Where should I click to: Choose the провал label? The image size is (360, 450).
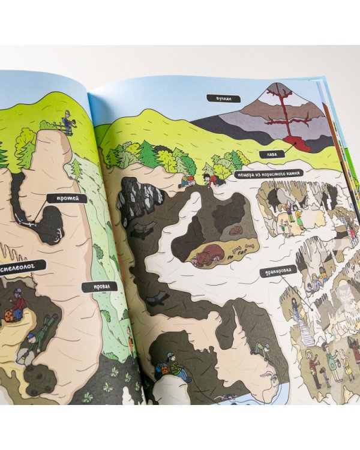tap(95, 286)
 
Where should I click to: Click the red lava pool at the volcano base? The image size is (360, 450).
tap(296, 143)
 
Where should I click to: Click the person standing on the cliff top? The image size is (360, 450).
tap(67, 123)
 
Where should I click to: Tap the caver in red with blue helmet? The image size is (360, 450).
tap(19, 304)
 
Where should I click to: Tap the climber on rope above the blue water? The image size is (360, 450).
tap(259, 350)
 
